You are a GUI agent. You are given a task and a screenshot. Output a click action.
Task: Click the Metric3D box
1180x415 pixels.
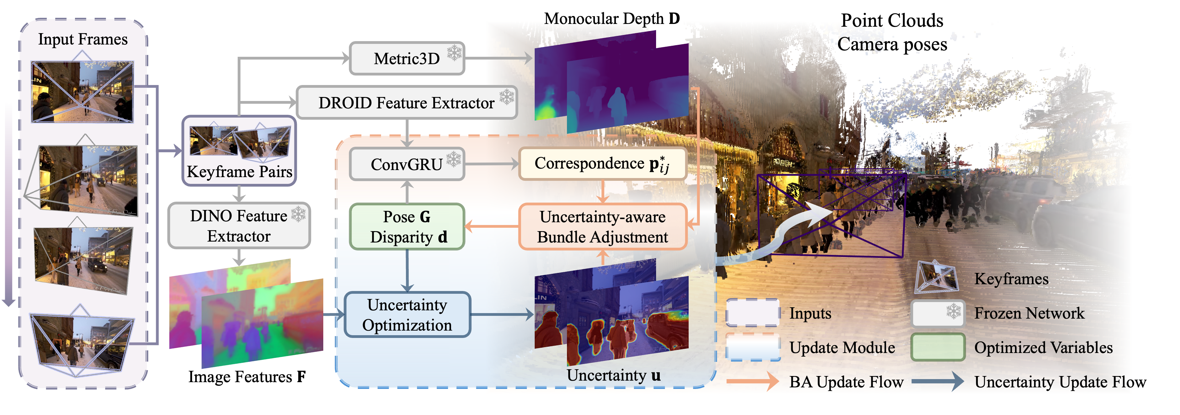coord(406,59)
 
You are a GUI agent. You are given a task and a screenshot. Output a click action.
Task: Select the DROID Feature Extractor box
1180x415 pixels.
coord(406,103)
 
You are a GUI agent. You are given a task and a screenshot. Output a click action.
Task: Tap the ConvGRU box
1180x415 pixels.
coord(406,164)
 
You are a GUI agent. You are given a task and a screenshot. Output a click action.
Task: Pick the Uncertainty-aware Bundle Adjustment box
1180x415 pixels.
coord(602,227)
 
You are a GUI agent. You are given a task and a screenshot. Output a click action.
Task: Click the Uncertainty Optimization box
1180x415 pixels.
coord(407,315)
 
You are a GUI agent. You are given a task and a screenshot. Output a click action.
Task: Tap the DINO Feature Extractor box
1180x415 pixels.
coord(239,226)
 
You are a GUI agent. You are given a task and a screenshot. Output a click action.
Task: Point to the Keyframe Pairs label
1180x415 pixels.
coord(239,172)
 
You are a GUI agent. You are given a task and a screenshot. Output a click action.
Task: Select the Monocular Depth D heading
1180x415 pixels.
coord(612,19)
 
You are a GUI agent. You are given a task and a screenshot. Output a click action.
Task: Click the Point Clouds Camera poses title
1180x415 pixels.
coord(892,32)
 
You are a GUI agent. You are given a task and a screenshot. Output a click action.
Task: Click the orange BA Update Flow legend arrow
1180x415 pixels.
coord(752,381)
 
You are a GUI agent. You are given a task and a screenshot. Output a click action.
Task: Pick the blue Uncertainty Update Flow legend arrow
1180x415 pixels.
coord(937,381)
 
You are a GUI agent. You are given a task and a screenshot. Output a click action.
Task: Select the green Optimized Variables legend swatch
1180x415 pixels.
coord(938,347)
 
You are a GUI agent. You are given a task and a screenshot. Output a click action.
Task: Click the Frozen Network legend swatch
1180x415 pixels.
coord(938,313)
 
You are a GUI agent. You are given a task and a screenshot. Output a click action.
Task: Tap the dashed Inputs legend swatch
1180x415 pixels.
coord(752,313)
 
